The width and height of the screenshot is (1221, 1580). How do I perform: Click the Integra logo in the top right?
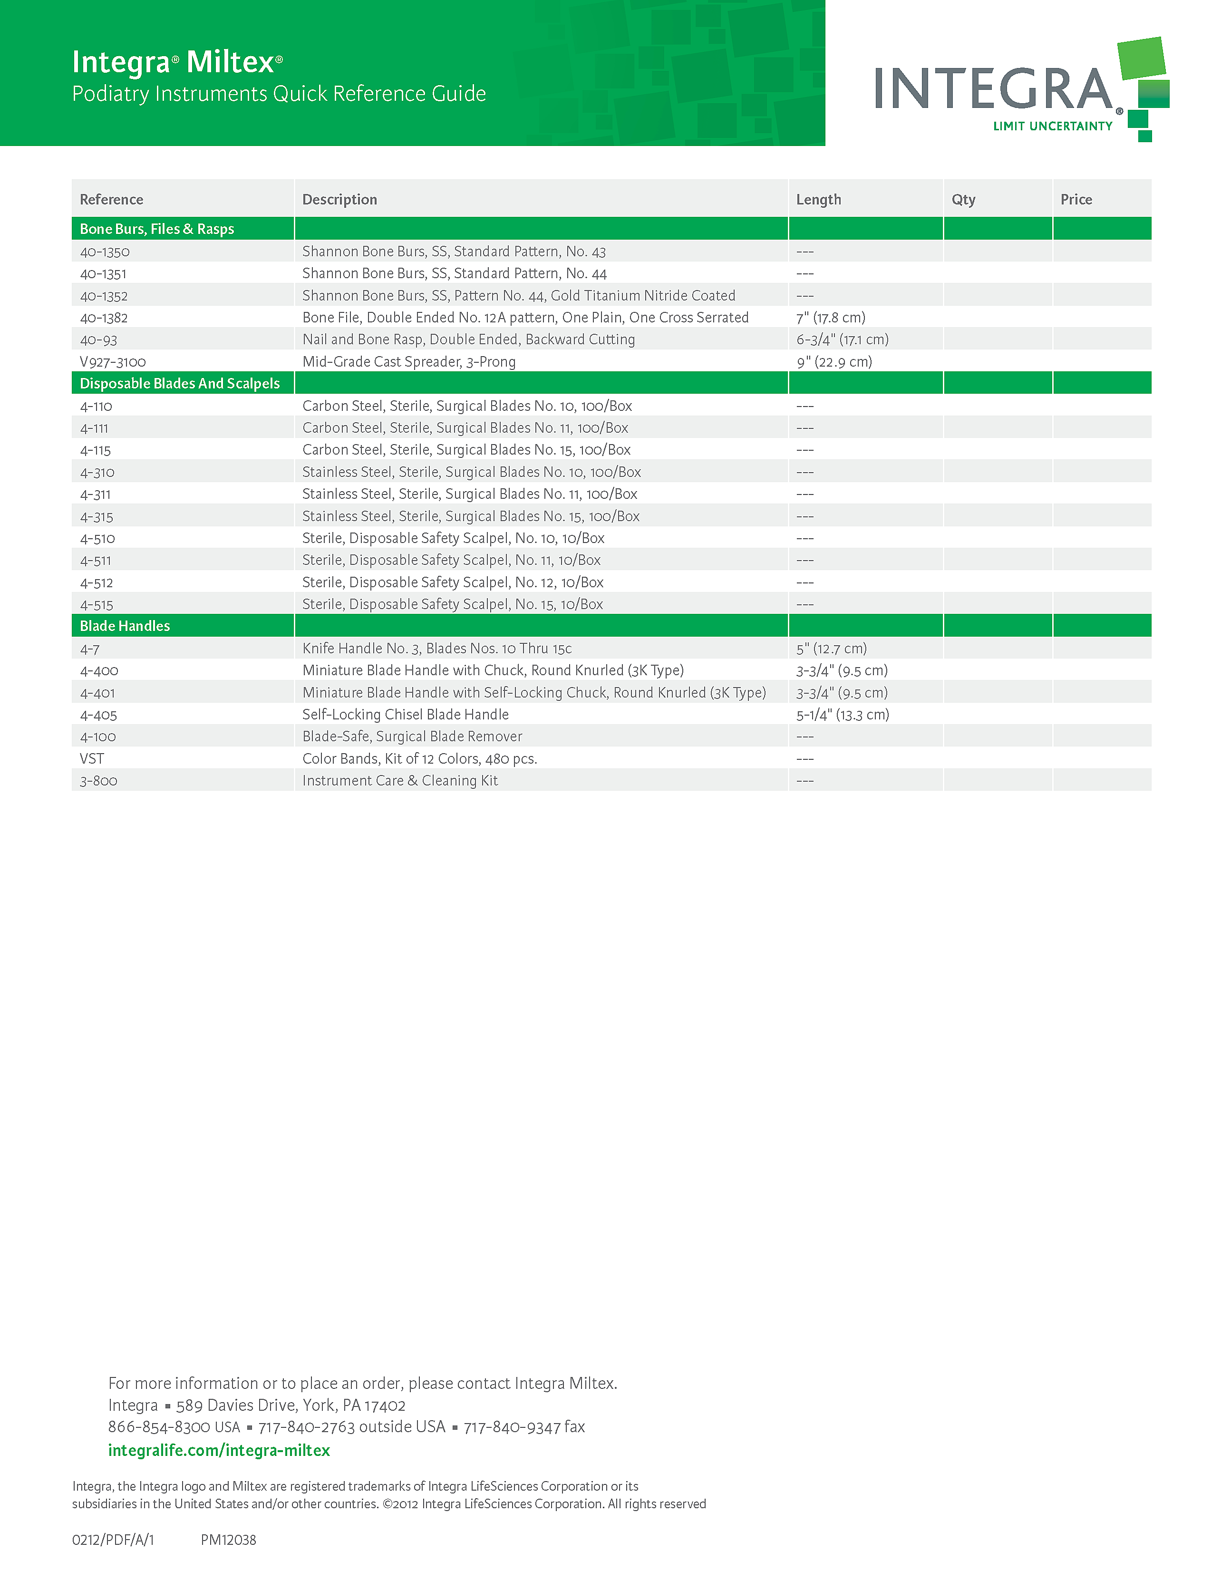pos(1020,90)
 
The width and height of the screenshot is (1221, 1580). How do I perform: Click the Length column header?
pos(818,200)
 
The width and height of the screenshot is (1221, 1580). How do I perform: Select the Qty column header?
pos(963,200)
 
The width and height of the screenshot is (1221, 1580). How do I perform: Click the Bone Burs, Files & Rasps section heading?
pos(157,229)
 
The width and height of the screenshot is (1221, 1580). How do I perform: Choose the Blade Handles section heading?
pos(125,626)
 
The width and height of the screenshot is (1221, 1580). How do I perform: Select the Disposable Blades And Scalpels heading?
pos(179,383)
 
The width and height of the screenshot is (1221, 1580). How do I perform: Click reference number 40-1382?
pos(104,318)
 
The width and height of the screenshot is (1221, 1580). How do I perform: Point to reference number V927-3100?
pos(113,362)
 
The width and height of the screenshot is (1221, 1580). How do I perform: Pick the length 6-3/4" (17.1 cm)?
pos(842,339)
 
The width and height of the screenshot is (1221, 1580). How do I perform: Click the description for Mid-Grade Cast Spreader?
pos(409,362)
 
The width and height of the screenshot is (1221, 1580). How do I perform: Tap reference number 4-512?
pos(97,582)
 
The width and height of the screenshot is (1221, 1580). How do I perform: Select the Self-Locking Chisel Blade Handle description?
pos(405,715)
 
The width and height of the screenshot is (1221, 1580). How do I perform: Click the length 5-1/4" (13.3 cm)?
pos(843,715)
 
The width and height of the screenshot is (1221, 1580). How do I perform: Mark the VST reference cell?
pos(92,759)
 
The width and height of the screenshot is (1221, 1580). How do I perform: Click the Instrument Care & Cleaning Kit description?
pos(400,781)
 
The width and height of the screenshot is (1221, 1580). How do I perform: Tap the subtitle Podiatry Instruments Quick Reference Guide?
pos(279,94)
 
